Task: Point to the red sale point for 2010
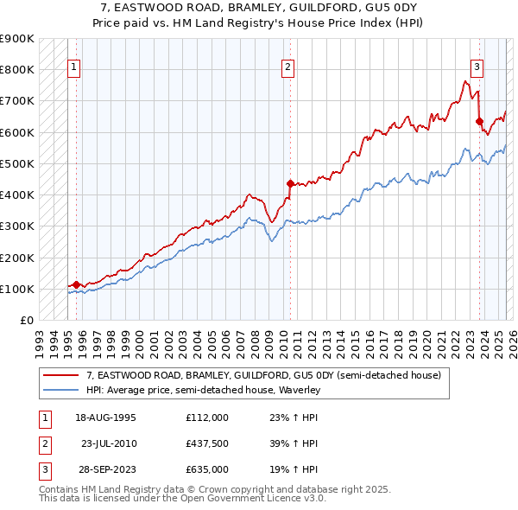pos(290,182)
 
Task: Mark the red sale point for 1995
pos(76,284)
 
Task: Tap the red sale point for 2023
pos(479,121)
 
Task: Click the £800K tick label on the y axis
pos(17,69)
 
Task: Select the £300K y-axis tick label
pos(17,226)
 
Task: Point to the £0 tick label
pos(27,321)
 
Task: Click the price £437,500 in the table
pos(206,443)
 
